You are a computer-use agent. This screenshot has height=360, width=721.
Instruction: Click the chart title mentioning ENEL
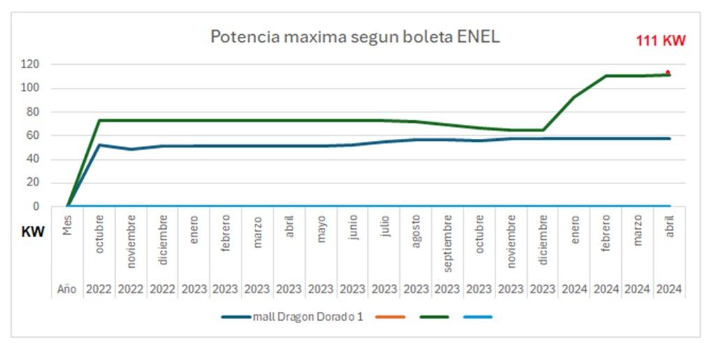[355, 37]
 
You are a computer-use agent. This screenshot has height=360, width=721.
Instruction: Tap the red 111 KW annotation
[660, 41]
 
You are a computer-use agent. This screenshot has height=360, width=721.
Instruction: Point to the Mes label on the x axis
[68, 225]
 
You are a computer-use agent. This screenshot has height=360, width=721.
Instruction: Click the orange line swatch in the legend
[389, 317]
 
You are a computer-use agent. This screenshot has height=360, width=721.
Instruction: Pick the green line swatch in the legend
[433, 317]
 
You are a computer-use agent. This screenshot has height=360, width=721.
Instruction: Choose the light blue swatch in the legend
[477, 317]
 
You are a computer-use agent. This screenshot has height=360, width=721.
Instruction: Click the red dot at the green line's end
[668, 73]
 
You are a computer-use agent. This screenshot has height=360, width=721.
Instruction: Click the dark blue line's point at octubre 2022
[100, 145]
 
